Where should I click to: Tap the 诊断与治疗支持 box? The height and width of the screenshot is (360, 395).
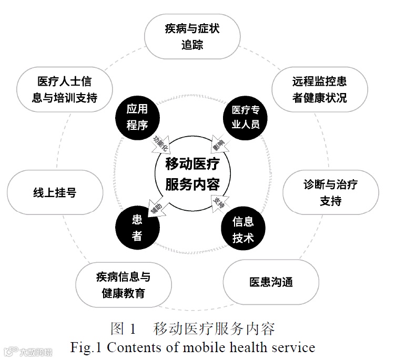pos(331,192)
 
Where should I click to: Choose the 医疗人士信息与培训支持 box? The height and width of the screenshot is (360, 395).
pos(65,90)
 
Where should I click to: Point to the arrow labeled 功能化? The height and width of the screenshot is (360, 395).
pos(160,144)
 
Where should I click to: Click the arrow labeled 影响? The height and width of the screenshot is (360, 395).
pos(219,142)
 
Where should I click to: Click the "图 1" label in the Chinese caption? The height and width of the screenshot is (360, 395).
pos(124,330)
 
